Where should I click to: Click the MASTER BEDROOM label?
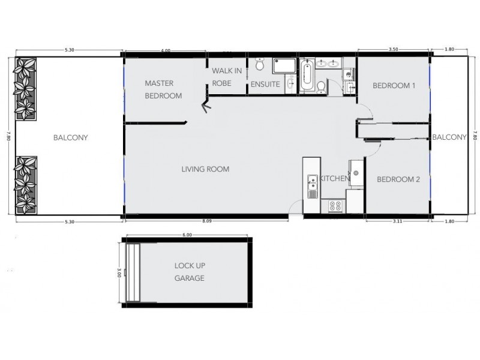click(163, 89)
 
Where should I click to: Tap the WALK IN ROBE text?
click(227, 77)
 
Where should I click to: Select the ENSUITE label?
click(265, 85)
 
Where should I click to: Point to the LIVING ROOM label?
click(205, 169)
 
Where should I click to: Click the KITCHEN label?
click(335, 179)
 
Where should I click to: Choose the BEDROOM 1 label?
click(394, 86)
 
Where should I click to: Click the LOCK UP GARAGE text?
click(189, 272)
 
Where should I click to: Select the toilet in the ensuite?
click(260, 64)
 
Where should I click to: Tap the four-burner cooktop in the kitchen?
click(335, 206)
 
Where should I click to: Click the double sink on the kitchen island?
click(312, 186)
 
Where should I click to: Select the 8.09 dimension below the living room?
click(207, 222)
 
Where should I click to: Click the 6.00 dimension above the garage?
click(187, 235)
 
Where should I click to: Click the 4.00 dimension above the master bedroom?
click(166, 51)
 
